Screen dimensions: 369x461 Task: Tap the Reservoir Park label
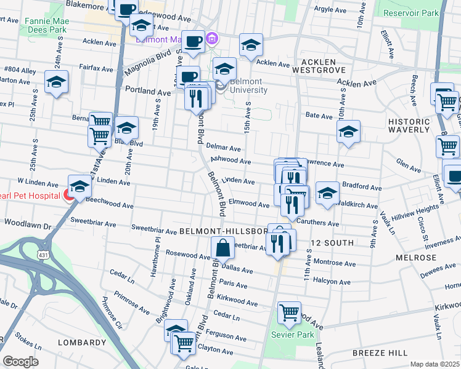[x=410, y=12]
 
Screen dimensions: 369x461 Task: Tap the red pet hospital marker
[x=69, y=196]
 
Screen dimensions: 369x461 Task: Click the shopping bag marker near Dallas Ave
[x=222, y=250]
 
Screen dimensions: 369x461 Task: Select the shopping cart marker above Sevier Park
[x=288, y=313]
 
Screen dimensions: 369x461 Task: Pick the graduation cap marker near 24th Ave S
[x=57, y=82]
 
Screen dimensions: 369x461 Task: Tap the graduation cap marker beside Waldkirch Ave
[x=327, y=192]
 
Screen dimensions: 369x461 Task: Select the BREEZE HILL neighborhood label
[x=380, y=352]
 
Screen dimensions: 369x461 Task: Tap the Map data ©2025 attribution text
[x=434, y=364]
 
